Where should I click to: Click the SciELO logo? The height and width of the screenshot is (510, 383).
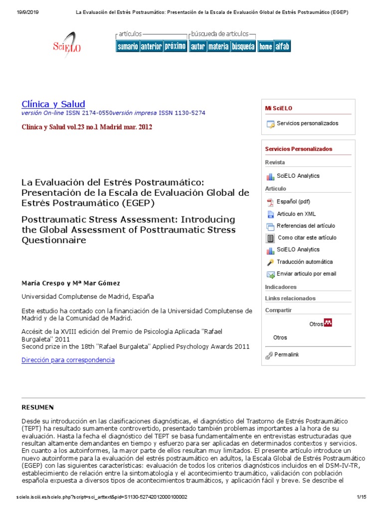(x=67, y=45)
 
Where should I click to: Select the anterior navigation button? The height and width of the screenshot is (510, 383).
(x=151, y=46)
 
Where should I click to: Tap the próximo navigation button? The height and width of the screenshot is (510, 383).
(x=175, y=46)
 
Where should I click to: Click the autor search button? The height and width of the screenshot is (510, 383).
(x=198, y=46)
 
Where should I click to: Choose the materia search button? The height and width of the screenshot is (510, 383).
(x=218, y=46)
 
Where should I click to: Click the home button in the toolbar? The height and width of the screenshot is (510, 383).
(x=265, y=46)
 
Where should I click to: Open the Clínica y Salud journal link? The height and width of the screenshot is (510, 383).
(x=53, y=104)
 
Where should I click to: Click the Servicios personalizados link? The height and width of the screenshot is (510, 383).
(x=307, y=124)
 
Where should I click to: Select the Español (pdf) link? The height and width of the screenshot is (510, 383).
(x=293, y=202)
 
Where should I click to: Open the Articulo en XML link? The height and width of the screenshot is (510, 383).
(x=296, y=214)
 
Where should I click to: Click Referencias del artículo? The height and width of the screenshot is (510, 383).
(x=306, y=226)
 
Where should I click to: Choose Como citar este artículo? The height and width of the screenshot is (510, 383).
(x=307, y=238)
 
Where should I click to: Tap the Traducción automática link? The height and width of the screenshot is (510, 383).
(x=305, y=261)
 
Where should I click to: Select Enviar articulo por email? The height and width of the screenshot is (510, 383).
(x=306, y=273)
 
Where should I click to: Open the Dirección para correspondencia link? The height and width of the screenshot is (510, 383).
(x=68, y=360)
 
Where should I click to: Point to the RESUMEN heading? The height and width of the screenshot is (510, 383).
(x=37, y=407)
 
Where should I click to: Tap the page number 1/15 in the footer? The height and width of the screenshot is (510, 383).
(x=362, y=497)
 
